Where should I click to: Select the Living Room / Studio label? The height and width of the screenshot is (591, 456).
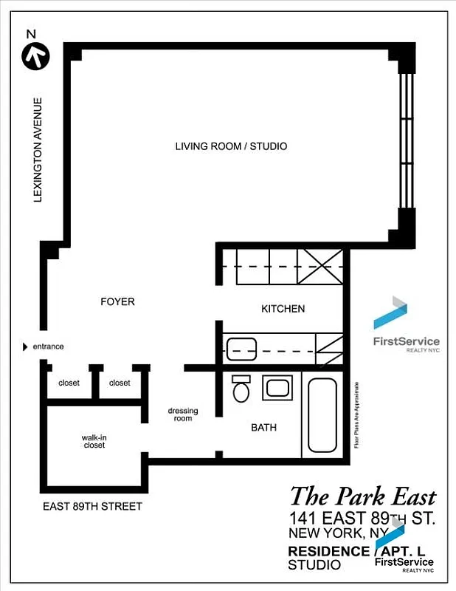pyautogui.click(x=231, y=146)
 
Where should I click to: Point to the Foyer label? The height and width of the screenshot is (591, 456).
pyautogui.click(x=117, y=301)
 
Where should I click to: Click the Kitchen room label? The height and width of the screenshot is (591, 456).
pyautogui.click(x=283, y=309)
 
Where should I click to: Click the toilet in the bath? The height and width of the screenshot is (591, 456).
pyautogui.click(x=241, y=389)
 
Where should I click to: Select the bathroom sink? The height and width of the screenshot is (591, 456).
pyautogui.click(x=278, y=388)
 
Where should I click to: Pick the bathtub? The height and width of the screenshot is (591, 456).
pyautogui.click(x=322, y=415)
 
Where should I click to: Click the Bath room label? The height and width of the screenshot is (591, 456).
pyautogui.click(x=263, y=427)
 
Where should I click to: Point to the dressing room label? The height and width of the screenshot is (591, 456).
pyautogui.click(x=183, y=414)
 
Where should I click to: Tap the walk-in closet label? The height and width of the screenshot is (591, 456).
pyautogui.click(x=94, y=442)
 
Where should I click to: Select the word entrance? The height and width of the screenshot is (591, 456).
pyautogui.click(x=48, y=346)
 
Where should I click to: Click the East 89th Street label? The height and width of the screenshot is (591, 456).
pyautogui.click(x=92, y=506)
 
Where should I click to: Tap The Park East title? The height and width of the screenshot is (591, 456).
pyautogui.click(x=362, y=496)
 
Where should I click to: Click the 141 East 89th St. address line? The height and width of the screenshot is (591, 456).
pyautogui.click(x=362, y=518)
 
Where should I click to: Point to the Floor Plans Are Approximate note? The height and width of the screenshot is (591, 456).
pyautogui.click(x=356, y=415)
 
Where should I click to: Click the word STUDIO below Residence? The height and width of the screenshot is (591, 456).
pyautogui.click(x=314, y=565)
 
